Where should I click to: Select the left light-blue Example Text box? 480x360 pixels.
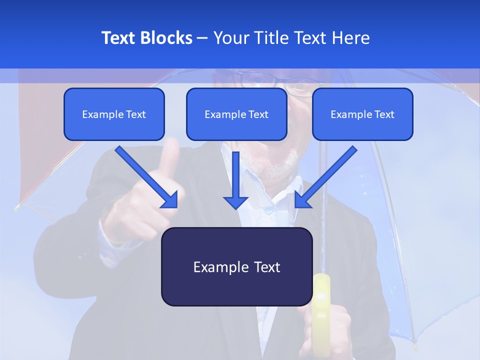coord(114,114)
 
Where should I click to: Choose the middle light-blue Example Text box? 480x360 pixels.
coord(236,114)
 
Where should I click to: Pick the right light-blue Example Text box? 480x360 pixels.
coord(362,114)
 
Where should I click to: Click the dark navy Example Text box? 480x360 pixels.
coord(236,267)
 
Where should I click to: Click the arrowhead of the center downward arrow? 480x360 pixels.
coord(235,202)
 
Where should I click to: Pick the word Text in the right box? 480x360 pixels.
coord(384,114)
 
